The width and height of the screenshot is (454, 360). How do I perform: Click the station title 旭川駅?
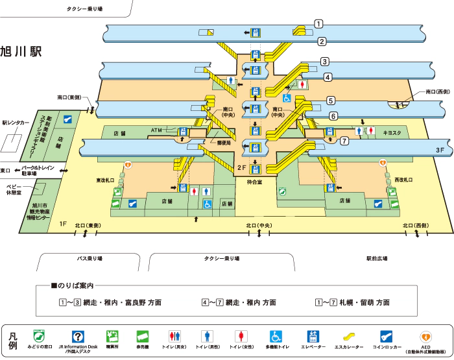click(x=21, y=52)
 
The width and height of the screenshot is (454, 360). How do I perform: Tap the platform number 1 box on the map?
click(x=318, y=24)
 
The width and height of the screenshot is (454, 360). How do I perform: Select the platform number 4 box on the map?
click(x=328, y=77)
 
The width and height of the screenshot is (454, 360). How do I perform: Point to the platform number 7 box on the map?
click(x=344, y=140)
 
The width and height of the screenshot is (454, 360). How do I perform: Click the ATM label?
click(x=156, y=130)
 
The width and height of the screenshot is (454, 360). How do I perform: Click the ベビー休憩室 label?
click(x=14, y=189)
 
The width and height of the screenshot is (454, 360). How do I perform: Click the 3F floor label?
click(x=440, y=150)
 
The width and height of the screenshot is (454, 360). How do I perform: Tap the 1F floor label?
click(x=63, y=224)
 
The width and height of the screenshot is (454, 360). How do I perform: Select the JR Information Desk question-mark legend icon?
click(x=77, y=337)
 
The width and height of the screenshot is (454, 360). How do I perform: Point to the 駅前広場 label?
click(x=377, y=258)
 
